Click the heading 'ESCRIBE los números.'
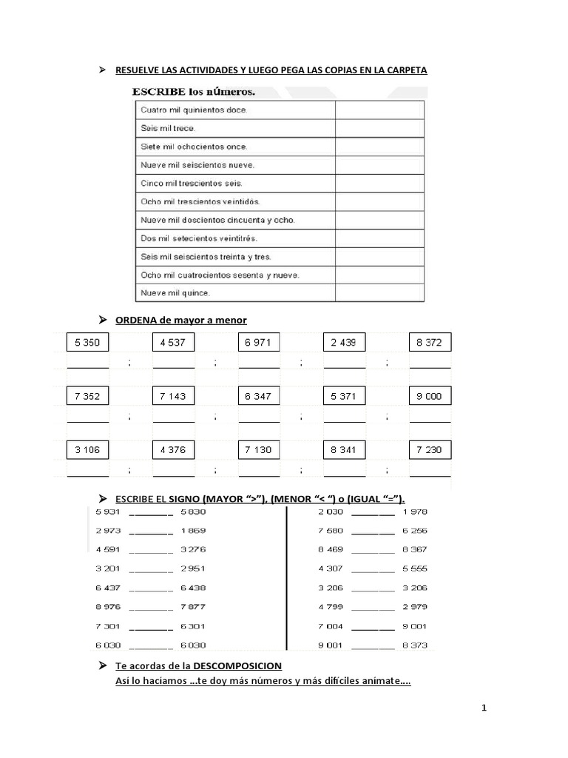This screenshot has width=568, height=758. pos(194,93)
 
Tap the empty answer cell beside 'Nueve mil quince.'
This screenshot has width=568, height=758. pos(379,293)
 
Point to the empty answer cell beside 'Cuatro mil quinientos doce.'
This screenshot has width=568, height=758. pos(379,110)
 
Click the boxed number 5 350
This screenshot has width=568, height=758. pos(87,342)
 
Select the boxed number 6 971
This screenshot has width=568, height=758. pos(259,342)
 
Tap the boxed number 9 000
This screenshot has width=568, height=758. pos(430,396)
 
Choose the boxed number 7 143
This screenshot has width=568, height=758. pos(173,396)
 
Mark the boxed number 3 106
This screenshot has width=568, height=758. pos(87,450)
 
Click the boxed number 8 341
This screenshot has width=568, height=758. pos(344,450)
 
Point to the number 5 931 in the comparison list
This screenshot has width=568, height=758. pos(109,512)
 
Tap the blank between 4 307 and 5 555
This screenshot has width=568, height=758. pos(373,570)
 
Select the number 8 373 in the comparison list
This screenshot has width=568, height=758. pos(415,645)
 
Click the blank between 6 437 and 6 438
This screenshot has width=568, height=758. pos(150,588)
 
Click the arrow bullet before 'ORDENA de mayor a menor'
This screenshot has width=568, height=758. pos(103,319)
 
